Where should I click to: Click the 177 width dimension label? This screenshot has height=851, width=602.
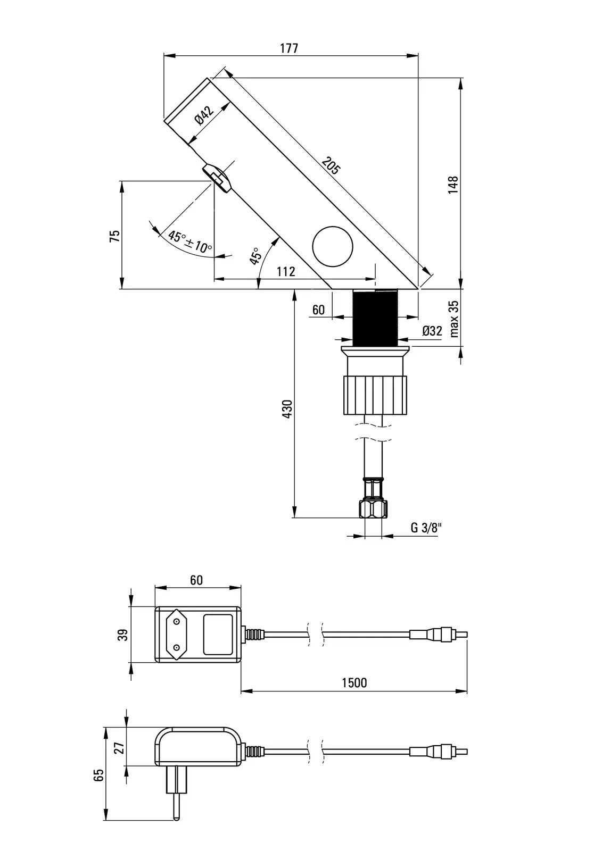(289, 48)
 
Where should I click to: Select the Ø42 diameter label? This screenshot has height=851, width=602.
(204, 115)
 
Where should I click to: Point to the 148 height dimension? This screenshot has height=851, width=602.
(453, 185)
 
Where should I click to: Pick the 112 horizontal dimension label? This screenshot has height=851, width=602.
(286, 272)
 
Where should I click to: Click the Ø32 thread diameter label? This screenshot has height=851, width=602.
(432, 331)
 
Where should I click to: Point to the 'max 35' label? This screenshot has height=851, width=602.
(453, 319)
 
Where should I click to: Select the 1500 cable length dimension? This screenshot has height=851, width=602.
(354, 682)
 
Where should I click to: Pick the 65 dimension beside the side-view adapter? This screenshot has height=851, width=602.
(98, 774)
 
